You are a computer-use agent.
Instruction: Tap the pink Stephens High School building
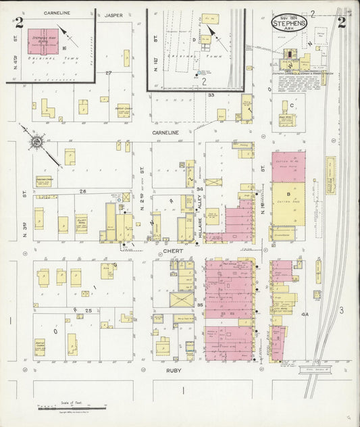(42, 43)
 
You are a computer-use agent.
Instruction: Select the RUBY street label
(174, 371)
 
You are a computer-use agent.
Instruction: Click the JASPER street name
(114, 14)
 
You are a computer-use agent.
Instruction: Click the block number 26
(83, 191)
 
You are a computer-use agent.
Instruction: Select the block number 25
(88, 309)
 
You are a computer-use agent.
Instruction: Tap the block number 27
(108, 72)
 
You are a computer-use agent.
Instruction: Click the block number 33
(211, 95)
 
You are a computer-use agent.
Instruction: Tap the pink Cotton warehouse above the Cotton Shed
(288, 166)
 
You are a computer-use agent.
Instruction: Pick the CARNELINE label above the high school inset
(57, 13)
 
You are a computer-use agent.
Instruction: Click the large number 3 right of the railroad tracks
(342, 310)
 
